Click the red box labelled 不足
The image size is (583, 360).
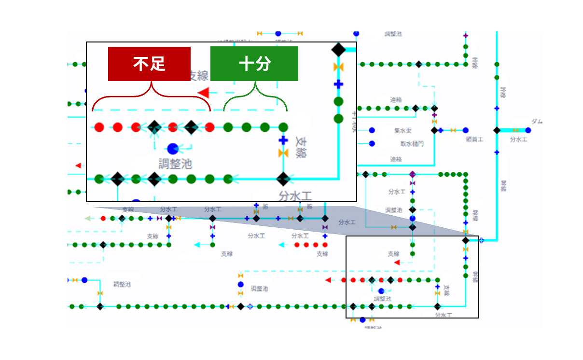click(x=149, y=64)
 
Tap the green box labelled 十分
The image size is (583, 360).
click(x=254, y=64)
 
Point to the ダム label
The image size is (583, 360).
click(x=537, y=121)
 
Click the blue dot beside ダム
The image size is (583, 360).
click(x=528, y=130)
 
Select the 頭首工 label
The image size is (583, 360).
click(x=474, y=139)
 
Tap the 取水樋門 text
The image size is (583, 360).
click(x=412, y=144)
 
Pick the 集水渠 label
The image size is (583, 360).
click(x=402, y=131)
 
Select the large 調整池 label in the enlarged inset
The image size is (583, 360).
click(x=175, y=164)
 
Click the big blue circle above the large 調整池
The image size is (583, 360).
click(x=173, y=149)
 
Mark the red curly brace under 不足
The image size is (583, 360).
click(x=152, y=97)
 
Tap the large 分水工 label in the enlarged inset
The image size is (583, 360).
click(x=295, y=196)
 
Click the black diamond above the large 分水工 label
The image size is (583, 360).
click(x=283, y=179)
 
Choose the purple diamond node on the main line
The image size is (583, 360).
click(x=412, y=174)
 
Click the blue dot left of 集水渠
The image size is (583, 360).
click(x=372, y=130)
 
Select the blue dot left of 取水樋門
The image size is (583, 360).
click(x=372, y=143)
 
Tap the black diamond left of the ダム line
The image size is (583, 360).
click(x=497, y=130)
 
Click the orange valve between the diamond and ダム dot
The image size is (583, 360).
click(x=515, y=130)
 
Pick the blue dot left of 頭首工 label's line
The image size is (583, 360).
click(x=465, y=130)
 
